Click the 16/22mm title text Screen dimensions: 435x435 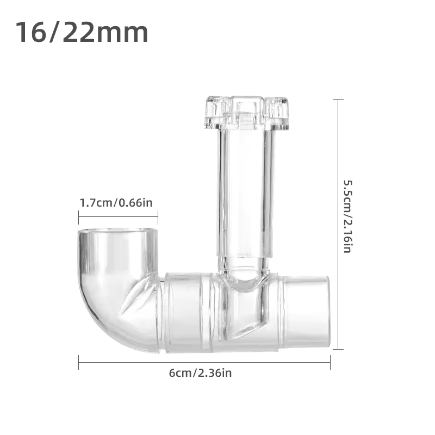(82, 33)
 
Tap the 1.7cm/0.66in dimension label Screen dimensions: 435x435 (116, 203)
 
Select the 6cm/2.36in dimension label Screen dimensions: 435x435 (201, 373)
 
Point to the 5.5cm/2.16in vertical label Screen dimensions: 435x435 (347, 216)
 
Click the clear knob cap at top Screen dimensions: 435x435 (246, 113)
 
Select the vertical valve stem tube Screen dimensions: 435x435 (245, 190)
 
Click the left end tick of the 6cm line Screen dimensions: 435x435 (79, 363)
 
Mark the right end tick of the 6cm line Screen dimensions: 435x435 (330, 363)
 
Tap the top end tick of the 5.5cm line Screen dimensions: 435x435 (338, 100)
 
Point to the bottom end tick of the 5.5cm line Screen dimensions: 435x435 (338, 349)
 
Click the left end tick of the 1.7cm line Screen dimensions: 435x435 (79, 217)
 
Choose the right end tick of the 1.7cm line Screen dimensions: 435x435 (158, 217)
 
